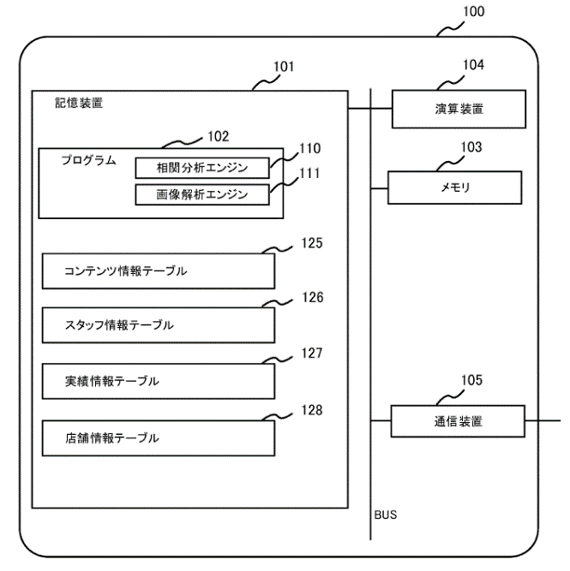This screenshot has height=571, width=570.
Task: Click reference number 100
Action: click(474, 12)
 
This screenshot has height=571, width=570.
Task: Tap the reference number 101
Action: click(284, 67)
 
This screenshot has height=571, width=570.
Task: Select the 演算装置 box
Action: click(459, 109)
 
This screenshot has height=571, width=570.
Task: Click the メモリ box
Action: click(455, 187)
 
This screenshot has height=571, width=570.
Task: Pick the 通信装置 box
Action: click(458, 421)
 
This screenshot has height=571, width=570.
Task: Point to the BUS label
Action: click(386, 514)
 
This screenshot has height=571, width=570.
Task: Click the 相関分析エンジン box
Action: click(202, 168)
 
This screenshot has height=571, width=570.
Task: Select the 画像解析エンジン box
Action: click(202, 194)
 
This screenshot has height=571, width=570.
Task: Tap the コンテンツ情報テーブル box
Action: click(159, 271)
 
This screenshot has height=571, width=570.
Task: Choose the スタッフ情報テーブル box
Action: click(159, 325)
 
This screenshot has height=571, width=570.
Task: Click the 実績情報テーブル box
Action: click(159, 381)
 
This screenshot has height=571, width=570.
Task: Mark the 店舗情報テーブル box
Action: click(159, 438)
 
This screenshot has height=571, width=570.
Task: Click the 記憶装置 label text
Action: click(79, 103)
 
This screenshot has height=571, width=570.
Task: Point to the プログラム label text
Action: click(88, 160)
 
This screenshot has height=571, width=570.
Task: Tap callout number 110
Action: click(310, 149)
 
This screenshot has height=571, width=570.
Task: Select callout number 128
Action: click(312, 410)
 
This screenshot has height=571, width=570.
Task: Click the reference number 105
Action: click(471, 380)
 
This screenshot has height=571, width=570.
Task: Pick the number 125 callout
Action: click(312, 243)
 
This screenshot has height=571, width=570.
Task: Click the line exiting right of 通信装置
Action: click(543, 420)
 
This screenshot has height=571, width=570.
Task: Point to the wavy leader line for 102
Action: click(182, 142)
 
